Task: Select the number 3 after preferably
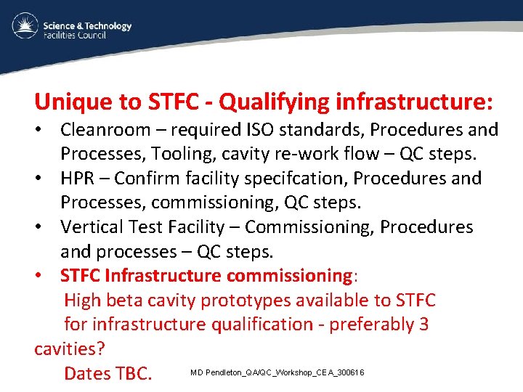tap(423, 324)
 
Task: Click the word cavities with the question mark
tap(69, 348)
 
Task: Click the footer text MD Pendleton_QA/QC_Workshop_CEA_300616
tap(277, 372)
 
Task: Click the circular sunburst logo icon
tap(25, 28)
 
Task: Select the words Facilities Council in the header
tap(75, 35)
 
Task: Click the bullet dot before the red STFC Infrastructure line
tap(44, 276)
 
